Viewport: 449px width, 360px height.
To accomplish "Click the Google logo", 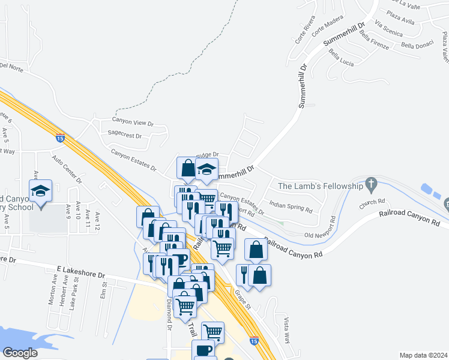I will (x=19, y=353).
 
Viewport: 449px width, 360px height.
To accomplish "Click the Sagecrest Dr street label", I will (x=124, y=136).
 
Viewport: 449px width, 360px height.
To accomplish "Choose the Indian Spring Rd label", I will (x=291, y=207).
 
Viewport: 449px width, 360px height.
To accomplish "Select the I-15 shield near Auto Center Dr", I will (x=60, y=137).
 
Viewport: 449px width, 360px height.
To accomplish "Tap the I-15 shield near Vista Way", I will (x=255, y=340).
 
